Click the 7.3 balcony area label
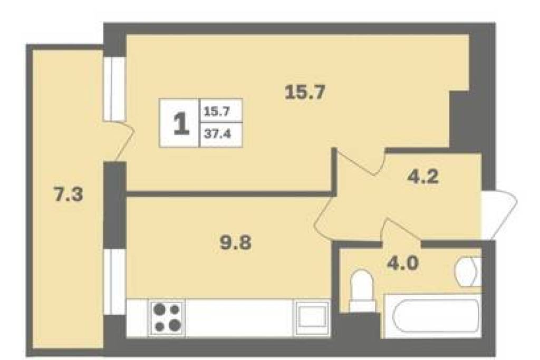coord(69,195)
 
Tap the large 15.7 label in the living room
coord(305,92)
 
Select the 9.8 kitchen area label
coord(236,242)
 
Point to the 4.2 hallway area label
coord(423,177)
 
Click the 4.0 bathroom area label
coord(402,264)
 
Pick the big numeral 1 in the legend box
coord(181,123)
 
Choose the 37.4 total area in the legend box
coord(217,133)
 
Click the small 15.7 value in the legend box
coord(217,112)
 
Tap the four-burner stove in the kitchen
coord(167,318)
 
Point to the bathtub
coord(432,316)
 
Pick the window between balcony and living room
coord(114,89)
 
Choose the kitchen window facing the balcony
coord(114,281)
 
